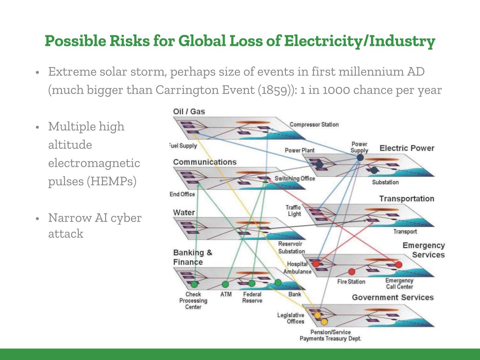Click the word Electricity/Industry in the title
(x=359, y=41)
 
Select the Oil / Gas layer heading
(x=189, y=112)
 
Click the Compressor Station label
(x=314, y=125)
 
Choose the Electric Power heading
(x=407, y=148)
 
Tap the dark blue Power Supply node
(x=360, y=157)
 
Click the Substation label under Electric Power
(x=385, y=182)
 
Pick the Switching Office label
(x=295, y=178)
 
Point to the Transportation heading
(x=407, y=199)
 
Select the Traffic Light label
(x=294, y=210)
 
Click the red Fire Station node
(x=351, y=271)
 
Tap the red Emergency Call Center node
(x=398, y=265)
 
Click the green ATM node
(x=225, y=284)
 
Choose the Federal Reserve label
(x=252, y=297)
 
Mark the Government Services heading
(x=393, y=298)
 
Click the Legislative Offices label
(x=290, y=318)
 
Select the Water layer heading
(x=184, y=213)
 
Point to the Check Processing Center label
(x=193, y=301)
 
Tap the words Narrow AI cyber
(x=95, y=218)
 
